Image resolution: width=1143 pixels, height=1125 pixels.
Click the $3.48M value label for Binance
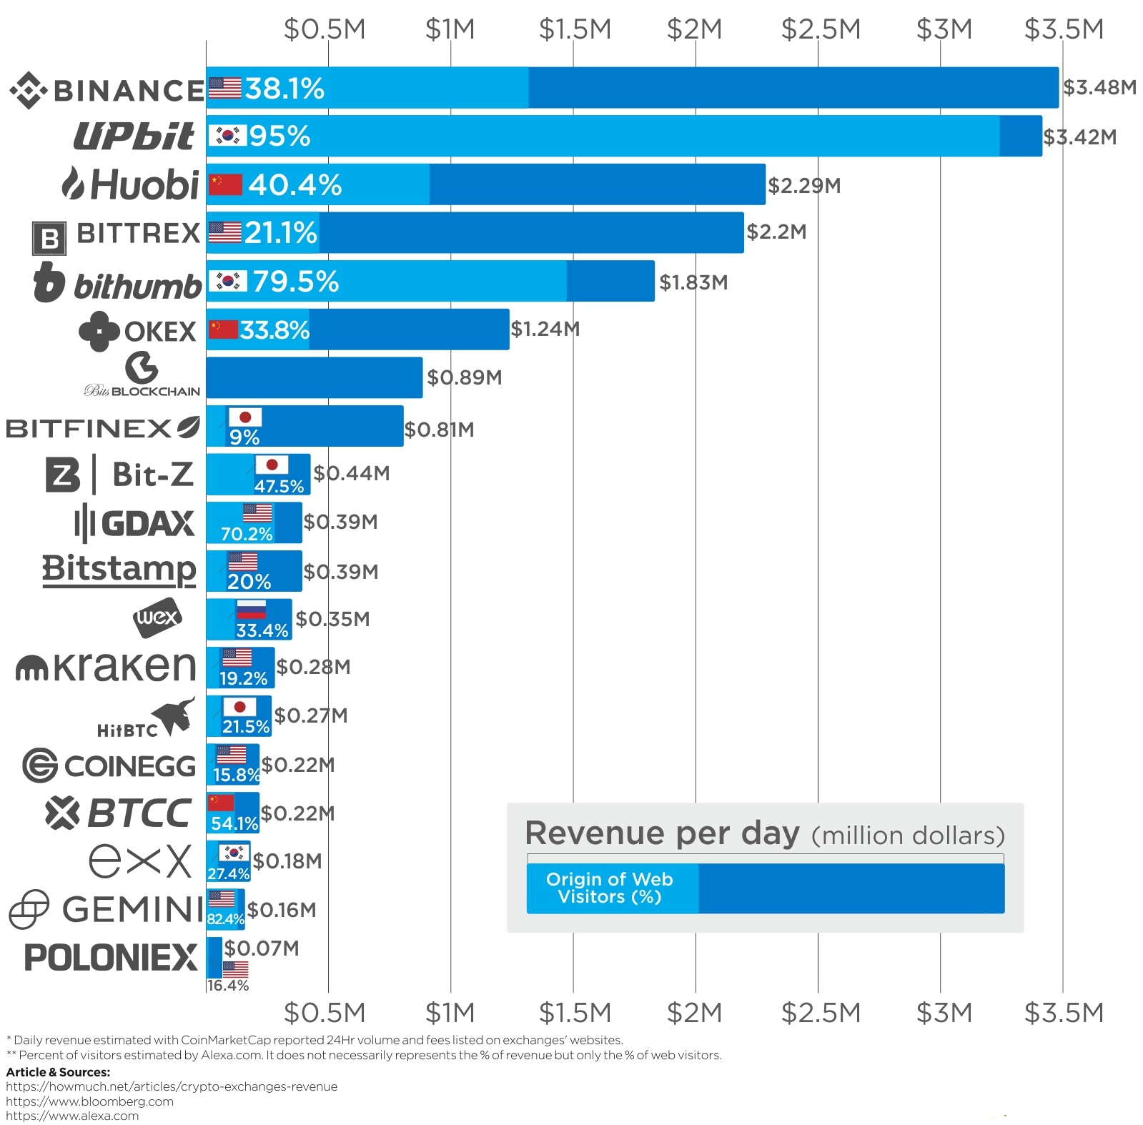pos(1099,87)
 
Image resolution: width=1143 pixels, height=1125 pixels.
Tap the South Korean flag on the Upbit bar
pos(228,135)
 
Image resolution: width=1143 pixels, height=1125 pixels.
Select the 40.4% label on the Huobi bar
pos(295,184)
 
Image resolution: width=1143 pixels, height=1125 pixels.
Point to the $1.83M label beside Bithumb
pos(693,282)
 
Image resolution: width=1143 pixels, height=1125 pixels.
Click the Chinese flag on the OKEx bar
pos(223,329)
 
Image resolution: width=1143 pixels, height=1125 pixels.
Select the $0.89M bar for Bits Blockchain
pos(314,377)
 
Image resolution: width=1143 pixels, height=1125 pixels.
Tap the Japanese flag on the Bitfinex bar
pos(245,417)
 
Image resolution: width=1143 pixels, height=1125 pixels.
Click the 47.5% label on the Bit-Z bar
pos(279,486)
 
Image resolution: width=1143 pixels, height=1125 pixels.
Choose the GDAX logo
pos(134,523)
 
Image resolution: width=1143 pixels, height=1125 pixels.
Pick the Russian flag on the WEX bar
pos(251,609)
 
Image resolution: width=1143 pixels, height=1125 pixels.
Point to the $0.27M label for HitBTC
pos(311,715)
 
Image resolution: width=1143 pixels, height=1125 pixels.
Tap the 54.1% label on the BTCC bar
pos(234,823)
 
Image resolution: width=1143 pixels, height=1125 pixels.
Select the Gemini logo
pos(106,909)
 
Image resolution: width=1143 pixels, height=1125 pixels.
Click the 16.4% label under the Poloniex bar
pos(228,986)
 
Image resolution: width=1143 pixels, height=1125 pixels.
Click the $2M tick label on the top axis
pos(694,29)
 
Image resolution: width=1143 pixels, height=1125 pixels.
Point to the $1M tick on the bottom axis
pos(450,1013)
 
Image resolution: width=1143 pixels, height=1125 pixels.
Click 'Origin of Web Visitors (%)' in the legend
pos(609,888)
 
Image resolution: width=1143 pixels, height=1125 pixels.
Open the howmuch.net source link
pos(172,1086)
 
